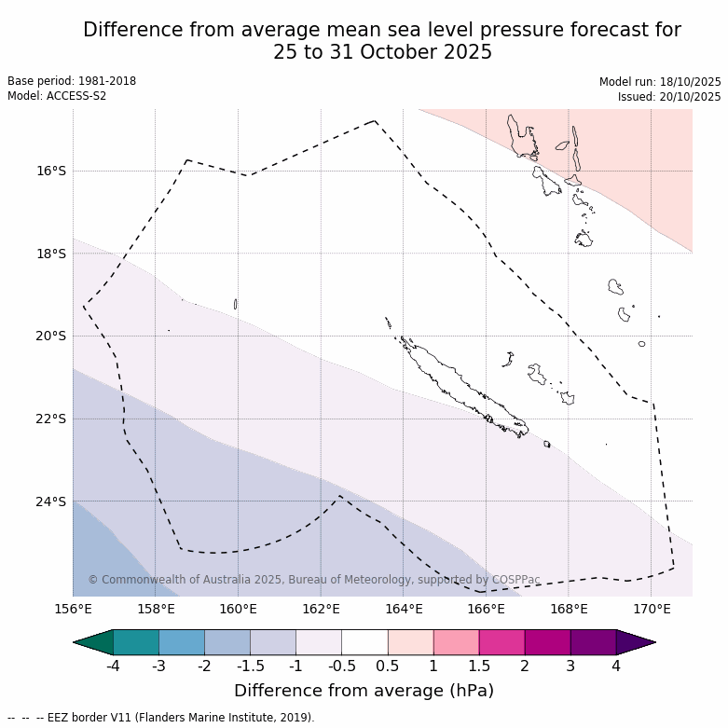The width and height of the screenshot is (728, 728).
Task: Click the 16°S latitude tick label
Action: tap(52, 171)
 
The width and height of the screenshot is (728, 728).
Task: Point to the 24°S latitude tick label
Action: tap(52, 501)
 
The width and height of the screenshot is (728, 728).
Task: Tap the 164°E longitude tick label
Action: tap(404, 610)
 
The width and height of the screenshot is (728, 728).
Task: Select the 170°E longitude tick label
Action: tap(652, 610)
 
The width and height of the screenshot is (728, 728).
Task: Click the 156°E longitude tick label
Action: tap(73, 610)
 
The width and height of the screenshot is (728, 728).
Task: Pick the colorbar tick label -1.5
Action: tap(250, 666)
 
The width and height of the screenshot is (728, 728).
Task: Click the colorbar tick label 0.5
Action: tap(388, 666)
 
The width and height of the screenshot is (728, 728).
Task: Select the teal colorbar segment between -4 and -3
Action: tap(135, 642)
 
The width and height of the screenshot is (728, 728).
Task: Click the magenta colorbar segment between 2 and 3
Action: tap(547, 642)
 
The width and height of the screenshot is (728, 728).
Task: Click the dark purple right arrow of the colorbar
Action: tap(635, 642)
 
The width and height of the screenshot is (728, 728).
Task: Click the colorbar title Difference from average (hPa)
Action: tap(364, 691)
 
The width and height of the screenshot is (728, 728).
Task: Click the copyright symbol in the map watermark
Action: tap(93, 580)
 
